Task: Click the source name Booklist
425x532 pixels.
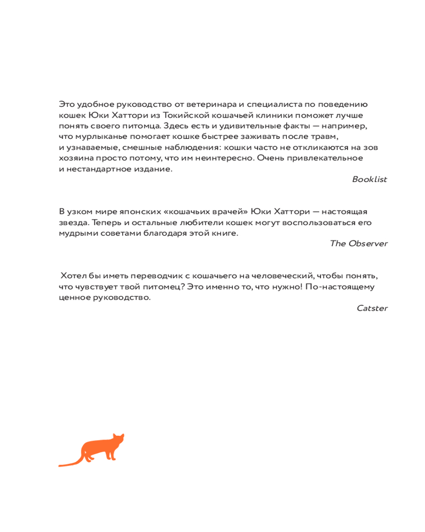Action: tap(369, 179)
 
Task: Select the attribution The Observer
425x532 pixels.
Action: tap(359, 244)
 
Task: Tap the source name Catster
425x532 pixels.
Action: tap(372, 308)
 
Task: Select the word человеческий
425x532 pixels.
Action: tap(275, 276)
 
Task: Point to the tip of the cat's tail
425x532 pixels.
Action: tap(61, 466)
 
